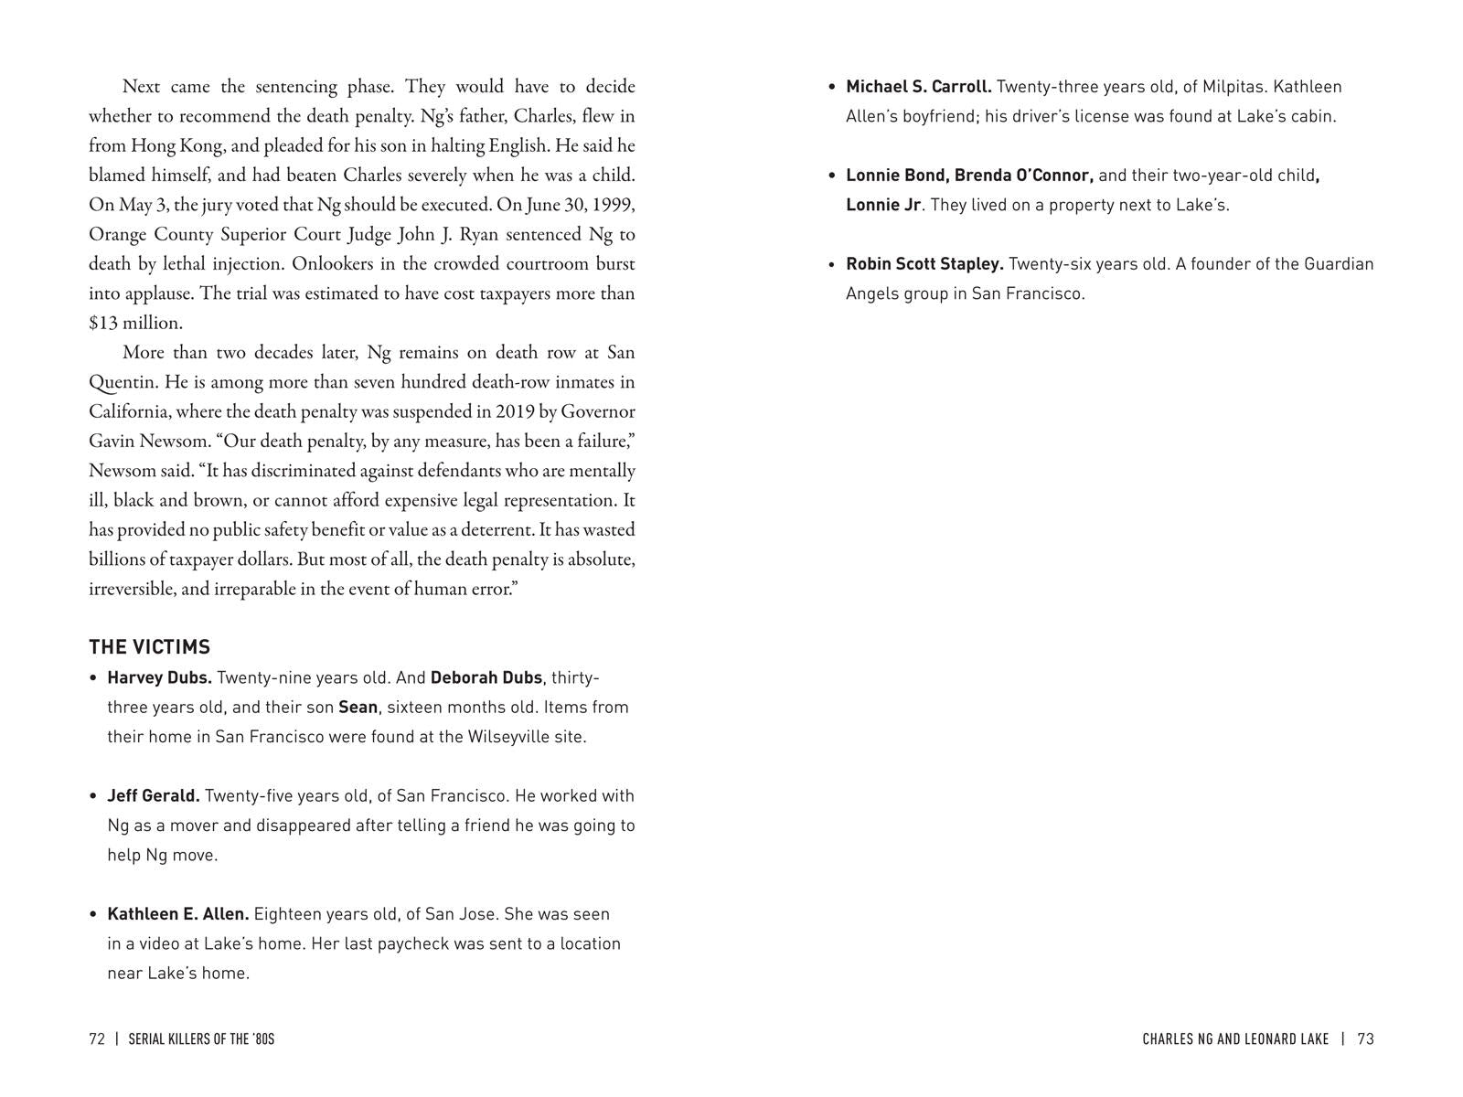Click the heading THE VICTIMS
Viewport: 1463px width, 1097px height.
(149, 647)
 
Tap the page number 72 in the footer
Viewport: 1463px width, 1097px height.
(97, 1038)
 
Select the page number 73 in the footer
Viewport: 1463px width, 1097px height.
(1365, 1038)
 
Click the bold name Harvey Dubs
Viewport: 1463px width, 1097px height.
(159, 677)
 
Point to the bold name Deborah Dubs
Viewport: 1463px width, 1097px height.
(486, 677)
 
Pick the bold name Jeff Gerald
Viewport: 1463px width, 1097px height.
(153, 795)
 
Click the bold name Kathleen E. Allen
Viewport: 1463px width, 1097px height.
(177, 913)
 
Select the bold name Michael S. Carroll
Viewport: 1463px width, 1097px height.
(918, 87)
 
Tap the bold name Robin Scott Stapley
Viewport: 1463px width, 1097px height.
(924, 263)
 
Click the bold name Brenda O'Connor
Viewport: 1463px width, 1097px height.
(1023, 175)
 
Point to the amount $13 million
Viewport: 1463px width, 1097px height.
(135, 323)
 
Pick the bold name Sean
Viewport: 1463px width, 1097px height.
(358, 707)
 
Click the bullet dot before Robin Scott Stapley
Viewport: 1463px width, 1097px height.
(831, 265)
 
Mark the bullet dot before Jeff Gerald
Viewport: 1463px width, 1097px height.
(93, 796)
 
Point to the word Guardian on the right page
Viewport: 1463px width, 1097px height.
(1338, 263)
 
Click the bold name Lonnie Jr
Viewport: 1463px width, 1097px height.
(882, 205)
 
